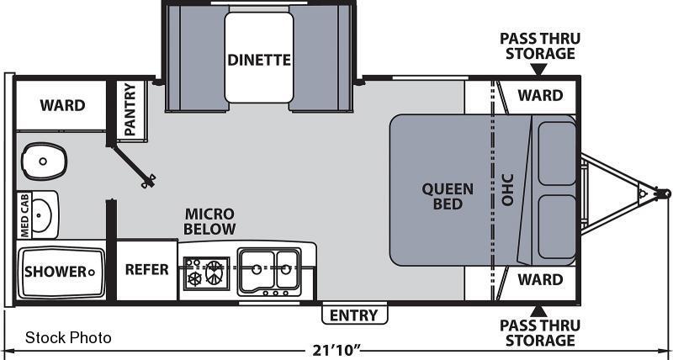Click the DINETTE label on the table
(259, 60)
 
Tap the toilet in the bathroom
(45, 161)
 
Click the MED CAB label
(24, 215)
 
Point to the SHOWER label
(56, 272)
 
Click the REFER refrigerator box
(146, 270)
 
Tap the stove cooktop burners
(207, 273)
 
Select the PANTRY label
(130, 110)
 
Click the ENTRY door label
(354, 315)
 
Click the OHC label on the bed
(508, 189)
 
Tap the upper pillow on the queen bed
(557, 153)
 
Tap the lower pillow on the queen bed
(557, 227)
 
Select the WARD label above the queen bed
(540, 95)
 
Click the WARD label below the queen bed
(540, 280)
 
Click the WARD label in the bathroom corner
(62, 105)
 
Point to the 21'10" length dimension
(336, 351)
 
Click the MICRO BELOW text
(209, 221)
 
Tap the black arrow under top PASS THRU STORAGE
(539, 69)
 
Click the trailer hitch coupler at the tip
(663, 193)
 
